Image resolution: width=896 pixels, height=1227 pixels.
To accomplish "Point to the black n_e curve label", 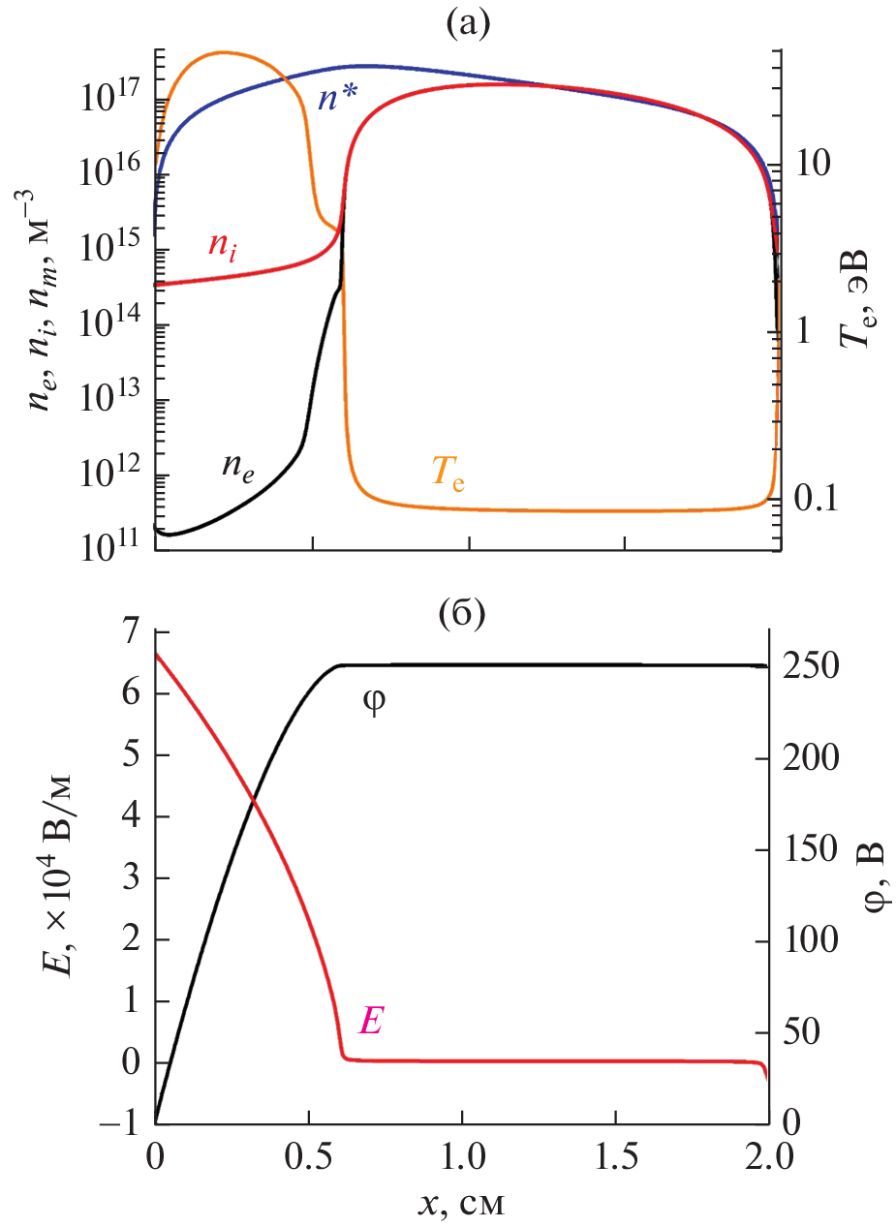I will coord(238,467).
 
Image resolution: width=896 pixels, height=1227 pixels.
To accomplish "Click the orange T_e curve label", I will coord(448,474).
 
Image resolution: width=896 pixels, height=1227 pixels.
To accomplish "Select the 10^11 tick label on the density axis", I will coord(113,548).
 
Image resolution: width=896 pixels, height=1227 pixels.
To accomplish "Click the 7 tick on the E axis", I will coord(129,633).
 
